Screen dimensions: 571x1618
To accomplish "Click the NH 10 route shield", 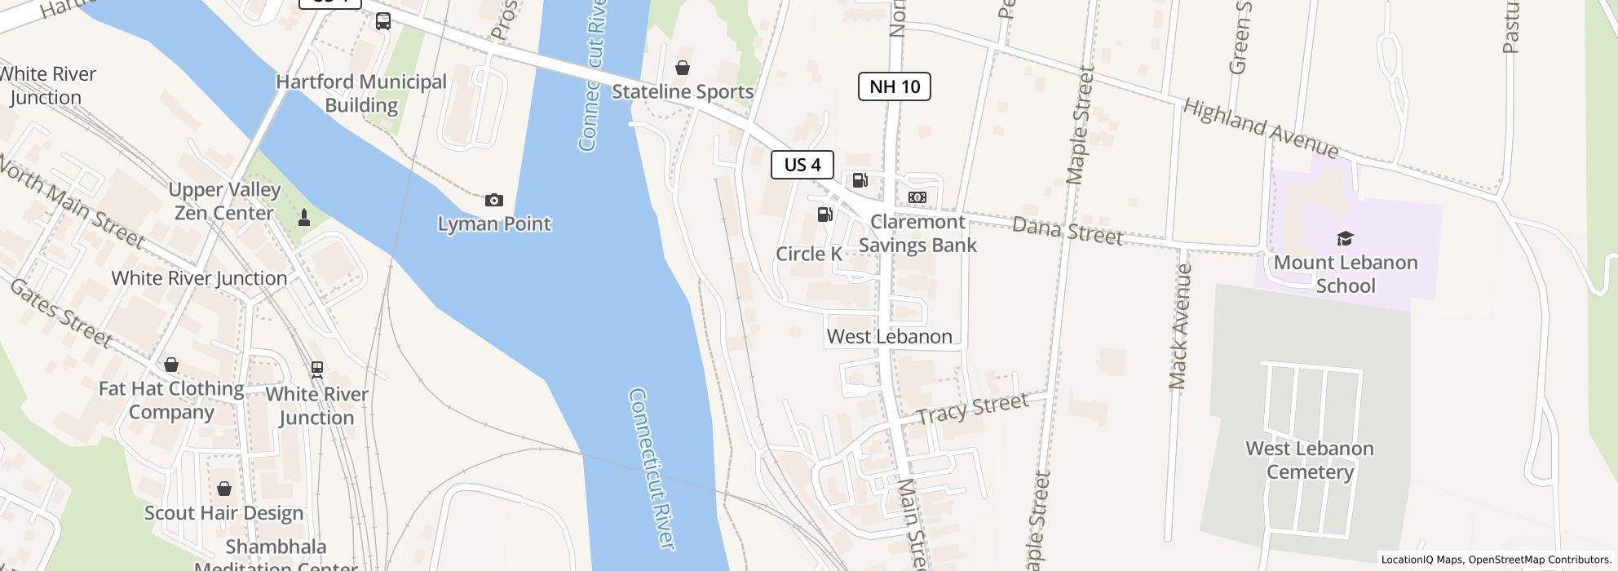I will pyautogui.click(x=894, y=86).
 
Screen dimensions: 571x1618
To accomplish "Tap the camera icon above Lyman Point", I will pyautogui.click(x=493, y=200).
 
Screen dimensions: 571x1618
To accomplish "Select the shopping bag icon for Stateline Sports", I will pyautogui.click(x=682, y=68).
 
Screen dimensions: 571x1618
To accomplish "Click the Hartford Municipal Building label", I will pyautogui.click(x=361, y=93).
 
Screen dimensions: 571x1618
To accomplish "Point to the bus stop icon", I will pyautogui.click(x=383, y=21).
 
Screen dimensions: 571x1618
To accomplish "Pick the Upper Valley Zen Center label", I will pyautogui.click(x=224, y=201).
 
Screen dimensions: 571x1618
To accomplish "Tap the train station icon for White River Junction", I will pyautogui.click(x=316, y=370).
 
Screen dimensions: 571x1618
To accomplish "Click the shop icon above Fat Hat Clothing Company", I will pyautogui.click(x=171, y=365).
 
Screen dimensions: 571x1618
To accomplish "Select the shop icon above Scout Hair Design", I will pyautogui.click(x=224, y=489).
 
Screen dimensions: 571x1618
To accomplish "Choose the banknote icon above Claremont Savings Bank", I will pyautogui.click(x=917, y=197).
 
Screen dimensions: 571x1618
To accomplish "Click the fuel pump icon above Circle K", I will pyautogui.click(x=825, y=215).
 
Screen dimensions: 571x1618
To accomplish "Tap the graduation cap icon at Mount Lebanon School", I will pyautogui.click(x=1345, y=239).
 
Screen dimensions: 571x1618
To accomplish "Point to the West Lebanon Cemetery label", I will pyautogui.click(x=1310, y=460).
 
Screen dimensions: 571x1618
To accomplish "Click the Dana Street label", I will pyautogui.click(x=1067, y=230).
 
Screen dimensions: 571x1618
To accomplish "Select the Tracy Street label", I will pyautogui.click(x=972, y=409).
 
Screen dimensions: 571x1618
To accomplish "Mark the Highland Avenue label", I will pyautogui.click(x=1260, y=129).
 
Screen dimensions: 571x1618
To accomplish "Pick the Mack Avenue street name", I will pyautogui.click(x=1180, y=326).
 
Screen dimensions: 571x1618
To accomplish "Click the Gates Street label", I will pyautogui.click(x=60, y=312).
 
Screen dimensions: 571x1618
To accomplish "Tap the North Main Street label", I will pyautogui.click(x=72, y=203).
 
